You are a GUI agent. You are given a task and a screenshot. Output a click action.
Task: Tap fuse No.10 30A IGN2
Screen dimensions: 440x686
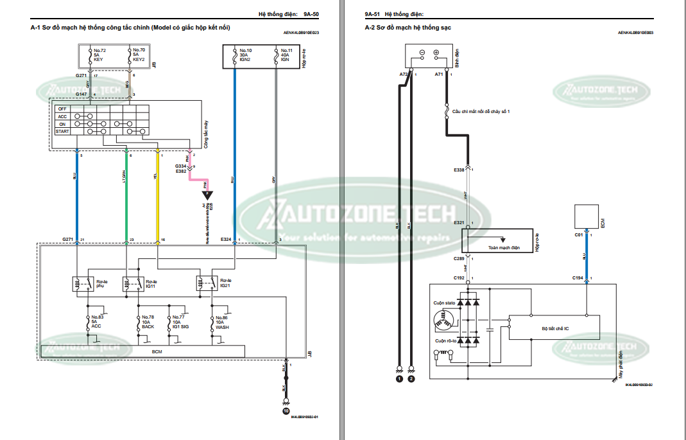coord(244,54)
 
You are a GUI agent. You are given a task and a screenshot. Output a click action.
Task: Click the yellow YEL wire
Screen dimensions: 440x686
coord(158,193)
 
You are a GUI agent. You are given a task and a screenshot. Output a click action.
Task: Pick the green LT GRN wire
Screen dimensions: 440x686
coord(127,193)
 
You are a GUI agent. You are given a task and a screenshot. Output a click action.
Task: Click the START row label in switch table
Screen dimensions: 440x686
coord(62,132)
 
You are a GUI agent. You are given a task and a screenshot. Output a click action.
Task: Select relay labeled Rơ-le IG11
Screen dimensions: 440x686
coord(150,283)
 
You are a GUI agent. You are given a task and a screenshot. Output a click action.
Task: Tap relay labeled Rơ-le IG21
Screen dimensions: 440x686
coord(224,283)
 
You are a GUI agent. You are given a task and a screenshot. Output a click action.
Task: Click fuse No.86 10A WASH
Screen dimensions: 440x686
coord(221,322)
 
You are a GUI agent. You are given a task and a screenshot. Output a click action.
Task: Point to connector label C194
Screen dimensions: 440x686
coord(578,277)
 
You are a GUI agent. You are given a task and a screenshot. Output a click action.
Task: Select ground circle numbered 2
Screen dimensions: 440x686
coord(411,379)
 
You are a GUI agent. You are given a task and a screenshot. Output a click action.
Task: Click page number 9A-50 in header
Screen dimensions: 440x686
coord(311,13)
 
